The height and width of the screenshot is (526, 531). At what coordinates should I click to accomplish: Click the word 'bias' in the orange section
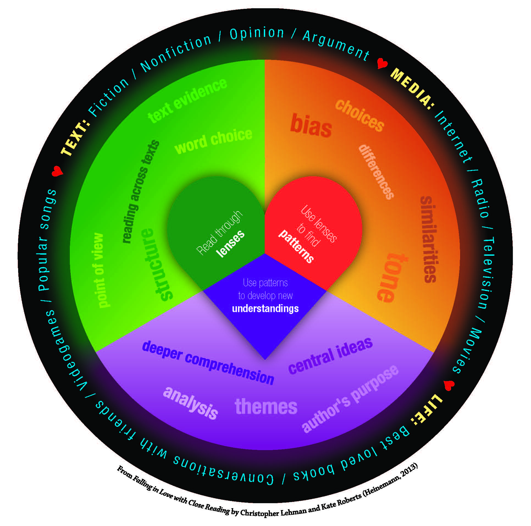[x=311, y=126]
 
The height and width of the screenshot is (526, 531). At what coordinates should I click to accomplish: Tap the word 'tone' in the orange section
[x=389, y=277]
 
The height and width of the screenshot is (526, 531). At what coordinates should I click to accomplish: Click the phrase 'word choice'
[x=213, y=141]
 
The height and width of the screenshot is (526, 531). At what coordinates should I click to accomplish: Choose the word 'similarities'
[x=429, y=239]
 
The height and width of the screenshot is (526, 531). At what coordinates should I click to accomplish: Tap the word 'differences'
[x=376, y=172]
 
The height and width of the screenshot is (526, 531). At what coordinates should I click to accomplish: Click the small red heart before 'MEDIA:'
[x=382, y=64]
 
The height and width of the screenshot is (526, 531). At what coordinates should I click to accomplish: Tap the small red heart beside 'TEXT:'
[x=57, y=171]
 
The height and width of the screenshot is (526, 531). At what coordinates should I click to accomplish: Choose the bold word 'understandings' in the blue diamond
[x=265, y=309]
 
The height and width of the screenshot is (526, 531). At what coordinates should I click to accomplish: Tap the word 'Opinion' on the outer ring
[x=257, y=33]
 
